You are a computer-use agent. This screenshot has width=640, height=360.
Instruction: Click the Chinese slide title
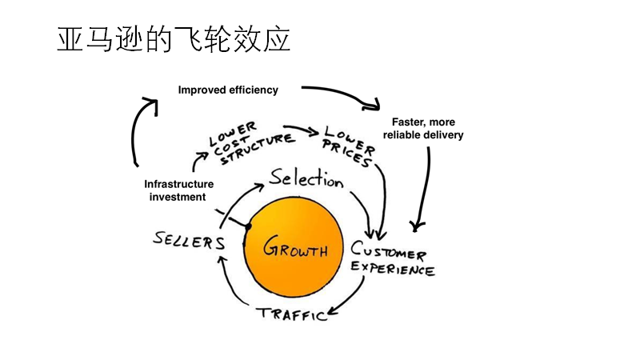coord(173,39)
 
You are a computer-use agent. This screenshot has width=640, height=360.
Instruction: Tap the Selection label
coord(306,179)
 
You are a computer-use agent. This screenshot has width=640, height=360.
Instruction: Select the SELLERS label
coord(189,240)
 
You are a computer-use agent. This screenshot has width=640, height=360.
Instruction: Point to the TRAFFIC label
coord(292,313)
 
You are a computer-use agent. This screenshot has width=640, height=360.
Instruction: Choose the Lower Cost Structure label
coord(243,143)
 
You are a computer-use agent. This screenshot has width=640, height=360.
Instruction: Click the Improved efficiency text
coord(228,90)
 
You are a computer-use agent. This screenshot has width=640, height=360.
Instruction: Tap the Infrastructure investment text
coord(178,190)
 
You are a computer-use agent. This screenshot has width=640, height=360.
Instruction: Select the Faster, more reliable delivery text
coord(423,129)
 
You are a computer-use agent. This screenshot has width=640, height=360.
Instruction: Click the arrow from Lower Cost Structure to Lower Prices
coord(302,130)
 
